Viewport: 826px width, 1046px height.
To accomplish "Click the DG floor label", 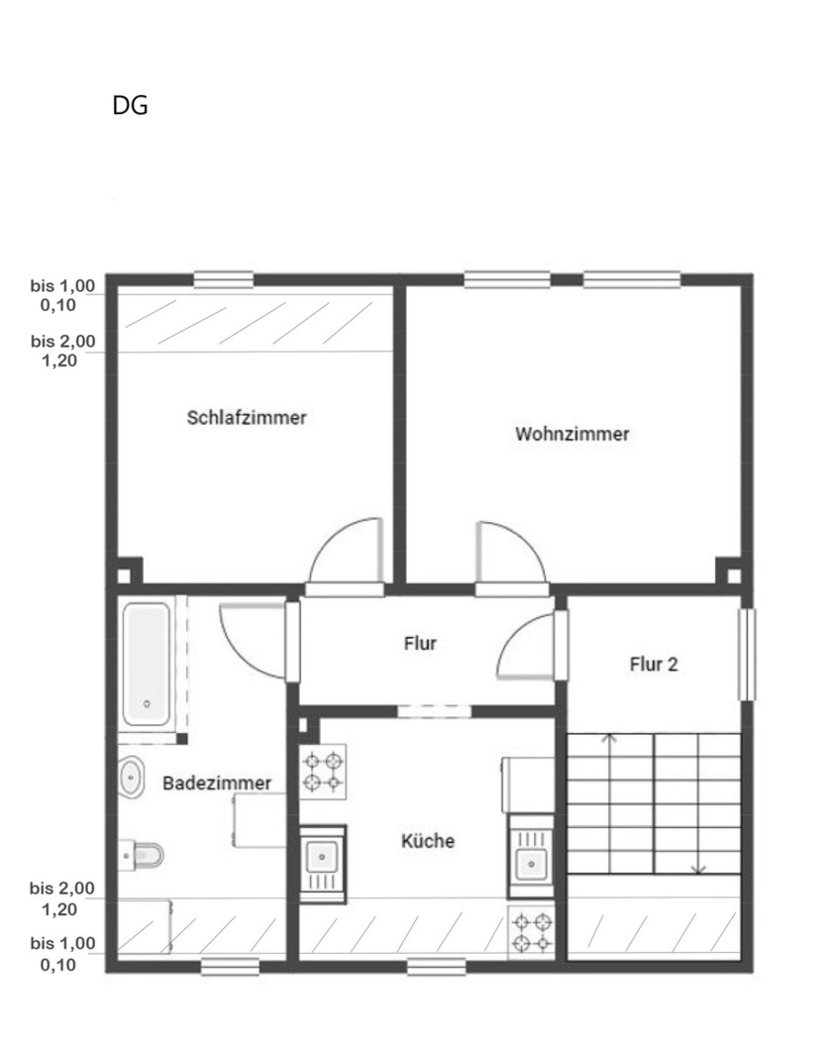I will coord(131,106).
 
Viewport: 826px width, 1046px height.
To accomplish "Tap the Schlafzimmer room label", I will coord(247,418).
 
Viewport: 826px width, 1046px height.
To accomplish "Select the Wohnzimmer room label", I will coord(572,434).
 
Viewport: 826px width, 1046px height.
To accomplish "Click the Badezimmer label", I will coord(217,784).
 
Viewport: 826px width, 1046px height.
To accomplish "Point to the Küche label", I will coord(428,841).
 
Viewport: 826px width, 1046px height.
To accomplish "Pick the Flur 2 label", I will coord(654,665).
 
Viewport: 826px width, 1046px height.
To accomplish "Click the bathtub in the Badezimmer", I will coord(147,663).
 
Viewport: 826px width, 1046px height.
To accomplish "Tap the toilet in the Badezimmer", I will coord(145,853).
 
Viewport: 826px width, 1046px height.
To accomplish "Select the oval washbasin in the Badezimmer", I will coord(131,779).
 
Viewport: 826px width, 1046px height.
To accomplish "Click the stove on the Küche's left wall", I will coord(323,772).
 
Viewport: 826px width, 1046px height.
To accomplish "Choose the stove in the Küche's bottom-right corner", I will coord(531,932).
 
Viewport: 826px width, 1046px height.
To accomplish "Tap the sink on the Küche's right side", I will coord(532,859).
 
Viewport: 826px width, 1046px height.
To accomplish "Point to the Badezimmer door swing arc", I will coord(252,639).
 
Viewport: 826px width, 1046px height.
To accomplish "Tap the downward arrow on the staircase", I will coord(698,868).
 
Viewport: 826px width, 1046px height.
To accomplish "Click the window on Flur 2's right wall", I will coord(747,655).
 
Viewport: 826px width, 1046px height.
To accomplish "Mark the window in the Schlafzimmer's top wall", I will coord(223,280).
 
